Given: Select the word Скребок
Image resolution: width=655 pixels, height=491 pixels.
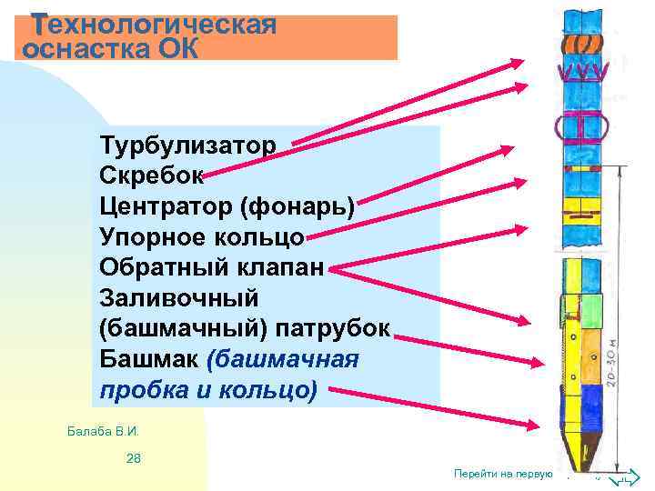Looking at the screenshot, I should coord(151,175).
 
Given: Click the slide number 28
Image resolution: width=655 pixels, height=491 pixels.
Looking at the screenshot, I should coord(134,457).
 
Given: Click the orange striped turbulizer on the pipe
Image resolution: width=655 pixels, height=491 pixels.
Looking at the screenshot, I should coord(583,44).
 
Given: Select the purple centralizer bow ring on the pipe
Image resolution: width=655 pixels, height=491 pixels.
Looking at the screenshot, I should coord(582,128).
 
